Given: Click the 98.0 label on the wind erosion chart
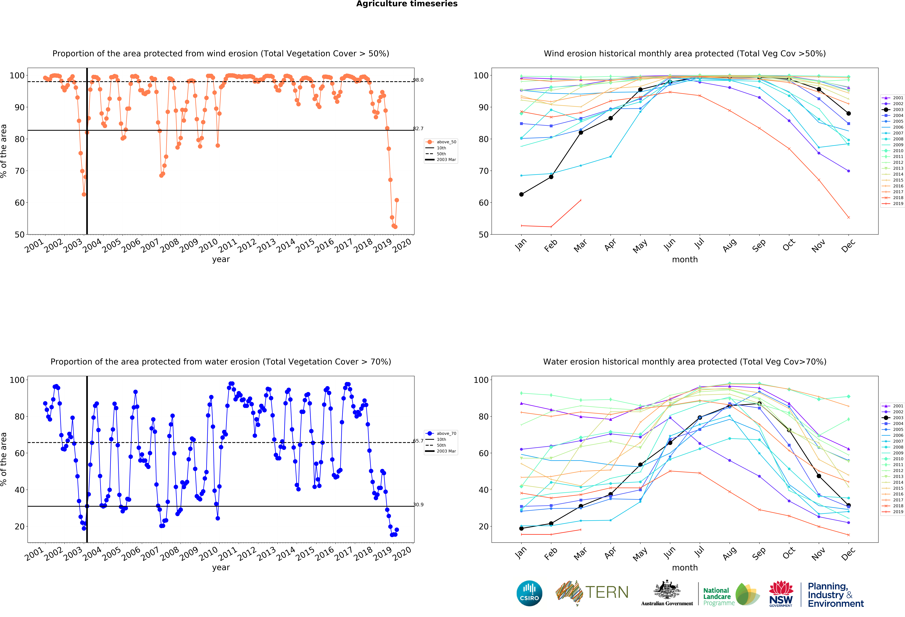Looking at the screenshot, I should (418, 80).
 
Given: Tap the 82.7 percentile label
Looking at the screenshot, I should (418, 129).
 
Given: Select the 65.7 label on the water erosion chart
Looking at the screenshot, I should (418, 441).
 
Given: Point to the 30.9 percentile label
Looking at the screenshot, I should (418, 504).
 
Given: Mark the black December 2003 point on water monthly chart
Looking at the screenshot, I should (849, 505).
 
